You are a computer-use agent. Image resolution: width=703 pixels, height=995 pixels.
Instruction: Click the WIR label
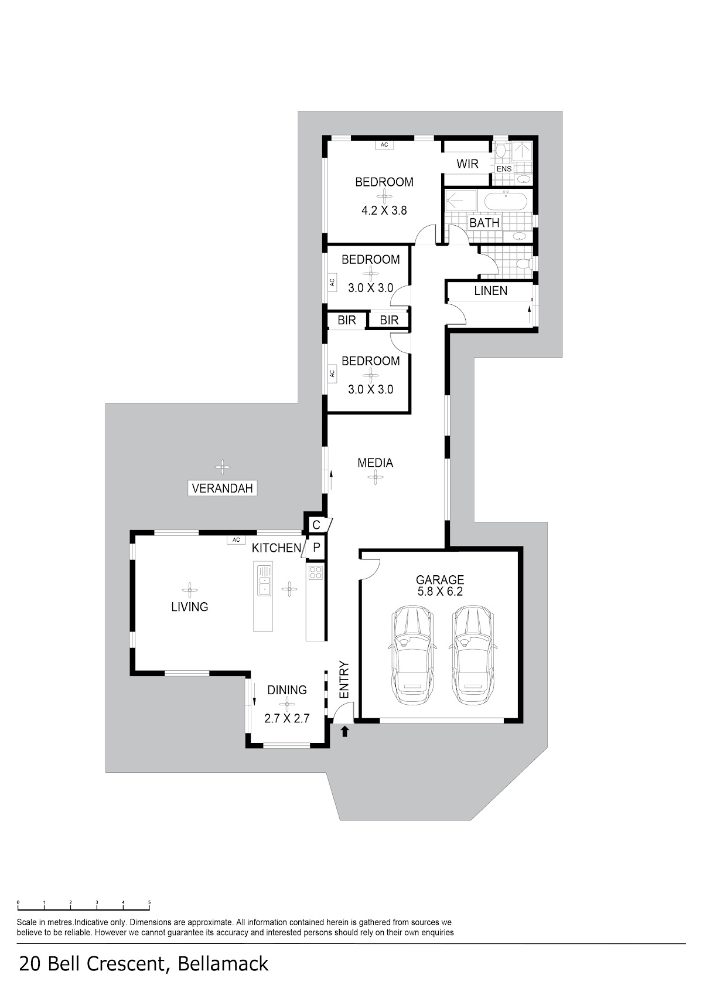click(x=467, y=164)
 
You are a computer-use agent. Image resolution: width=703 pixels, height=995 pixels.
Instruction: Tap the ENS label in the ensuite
click(x=504, y=169)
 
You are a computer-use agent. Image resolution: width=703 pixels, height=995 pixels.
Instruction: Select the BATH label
click(x=484, y=223)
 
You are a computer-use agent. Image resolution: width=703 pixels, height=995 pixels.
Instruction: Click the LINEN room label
click(x=490, y=290)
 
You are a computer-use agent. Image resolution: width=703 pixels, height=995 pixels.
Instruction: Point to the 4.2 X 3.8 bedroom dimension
click(x=384, y=210)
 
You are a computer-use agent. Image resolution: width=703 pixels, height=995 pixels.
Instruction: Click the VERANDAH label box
click(x=223, y=488)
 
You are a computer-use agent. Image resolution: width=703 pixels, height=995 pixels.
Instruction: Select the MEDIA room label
click(x=376, y=463)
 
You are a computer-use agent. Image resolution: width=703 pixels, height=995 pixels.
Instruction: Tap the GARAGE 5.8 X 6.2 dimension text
click(x=440, y=591)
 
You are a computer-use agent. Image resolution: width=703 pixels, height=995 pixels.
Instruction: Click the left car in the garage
click(x=411, y=655)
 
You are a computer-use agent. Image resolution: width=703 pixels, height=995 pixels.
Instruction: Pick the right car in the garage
click(x=472, y=655)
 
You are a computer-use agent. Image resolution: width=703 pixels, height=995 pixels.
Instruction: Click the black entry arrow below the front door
click(x=345, y=731)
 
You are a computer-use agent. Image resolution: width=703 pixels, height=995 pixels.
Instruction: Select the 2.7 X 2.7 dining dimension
click(x=286, y=718)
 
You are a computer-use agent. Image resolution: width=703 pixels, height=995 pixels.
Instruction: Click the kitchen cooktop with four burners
click(x=316, y=573)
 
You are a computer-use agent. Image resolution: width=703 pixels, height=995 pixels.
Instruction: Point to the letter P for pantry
click(x=316, y=548)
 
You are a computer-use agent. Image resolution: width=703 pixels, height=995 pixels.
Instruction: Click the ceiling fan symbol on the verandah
click(x=223, y=466)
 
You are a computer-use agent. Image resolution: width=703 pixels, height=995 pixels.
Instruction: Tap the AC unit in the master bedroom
click(x=384, y=145)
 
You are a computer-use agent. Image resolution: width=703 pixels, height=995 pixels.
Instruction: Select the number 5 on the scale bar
click(x=149, y=902)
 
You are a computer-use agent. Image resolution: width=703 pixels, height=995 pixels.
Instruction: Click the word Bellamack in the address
click(x=223, y=976)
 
